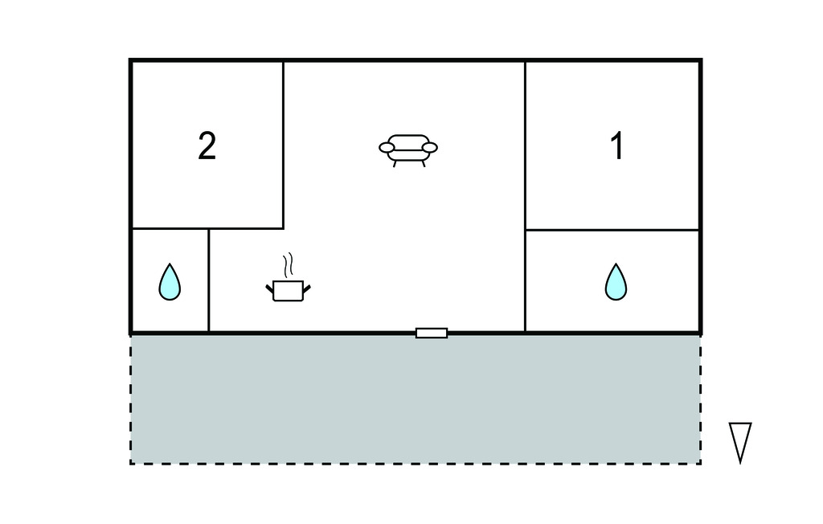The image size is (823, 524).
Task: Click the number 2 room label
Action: pos(207,145)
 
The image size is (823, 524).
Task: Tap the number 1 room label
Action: pos(617,145)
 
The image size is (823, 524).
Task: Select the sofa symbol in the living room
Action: pos(408,150)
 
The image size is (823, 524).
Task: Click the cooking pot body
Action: pos(289,291)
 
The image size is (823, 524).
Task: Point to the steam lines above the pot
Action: pos(288,266)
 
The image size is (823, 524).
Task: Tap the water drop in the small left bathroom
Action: pos(170,282)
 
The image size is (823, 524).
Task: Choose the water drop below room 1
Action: pos(616,282)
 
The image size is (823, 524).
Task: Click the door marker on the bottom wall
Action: pos(432,333)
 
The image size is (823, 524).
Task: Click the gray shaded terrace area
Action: pos(416,399)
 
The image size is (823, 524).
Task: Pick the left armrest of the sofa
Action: pos(387,148)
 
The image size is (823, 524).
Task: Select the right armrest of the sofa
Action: pos(430,148)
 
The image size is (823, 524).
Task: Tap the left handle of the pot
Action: pos(270,289)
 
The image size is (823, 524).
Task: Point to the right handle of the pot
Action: pos(307,289)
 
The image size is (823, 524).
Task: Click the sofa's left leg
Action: pos(395,164)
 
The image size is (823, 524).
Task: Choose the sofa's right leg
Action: pos(423,164)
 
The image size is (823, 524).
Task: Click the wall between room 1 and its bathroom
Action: pos(612,230)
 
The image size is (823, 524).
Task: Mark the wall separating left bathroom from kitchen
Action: pos(208,280)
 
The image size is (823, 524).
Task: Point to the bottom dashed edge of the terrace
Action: pos(416,464)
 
